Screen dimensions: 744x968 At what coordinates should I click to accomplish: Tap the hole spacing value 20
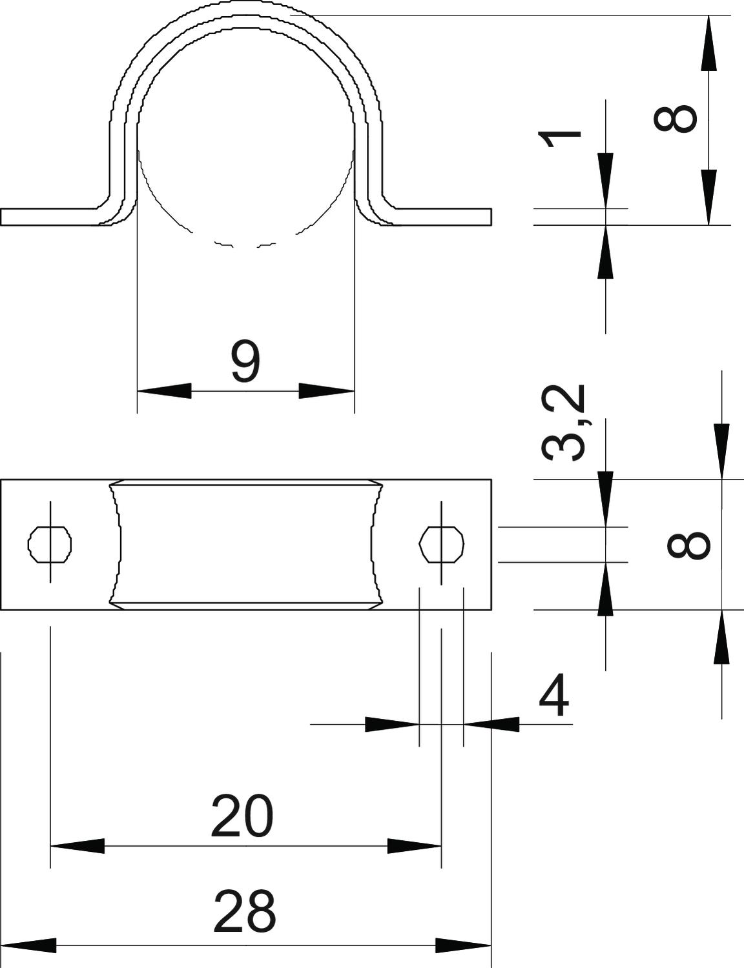pos(242,816)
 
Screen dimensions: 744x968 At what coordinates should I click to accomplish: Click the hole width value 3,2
pos(563,423)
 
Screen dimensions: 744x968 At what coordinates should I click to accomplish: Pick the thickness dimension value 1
pos(560,139)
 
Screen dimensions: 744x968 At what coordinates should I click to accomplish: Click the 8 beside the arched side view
pos(675,118)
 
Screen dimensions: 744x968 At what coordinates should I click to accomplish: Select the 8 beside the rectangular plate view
pos(688,545)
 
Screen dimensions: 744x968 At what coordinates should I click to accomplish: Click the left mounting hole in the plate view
pos(50,545)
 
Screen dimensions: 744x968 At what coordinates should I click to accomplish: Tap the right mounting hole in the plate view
pos(442,545)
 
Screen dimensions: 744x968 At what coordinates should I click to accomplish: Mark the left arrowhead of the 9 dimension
pos(164,390)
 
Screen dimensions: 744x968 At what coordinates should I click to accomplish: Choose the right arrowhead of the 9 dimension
pos(327,390)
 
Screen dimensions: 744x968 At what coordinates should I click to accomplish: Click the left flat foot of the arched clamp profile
pos(54,216)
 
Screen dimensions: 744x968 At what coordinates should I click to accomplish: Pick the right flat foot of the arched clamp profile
pos(439,216)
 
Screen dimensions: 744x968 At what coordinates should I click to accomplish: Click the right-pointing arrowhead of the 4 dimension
pos(392,724)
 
